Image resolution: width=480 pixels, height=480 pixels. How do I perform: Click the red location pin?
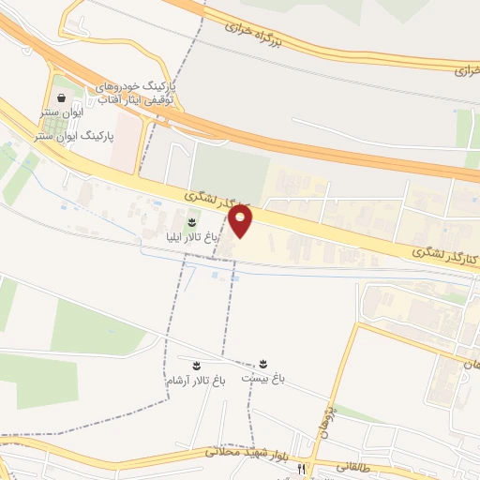[241, 221]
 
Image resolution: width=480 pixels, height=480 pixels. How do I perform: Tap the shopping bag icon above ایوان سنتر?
[62, 97]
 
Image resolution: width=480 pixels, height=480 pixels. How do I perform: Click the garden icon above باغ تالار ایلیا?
[191, 222]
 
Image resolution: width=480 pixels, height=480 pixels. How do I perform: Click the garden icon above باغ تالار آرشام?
[197, 365]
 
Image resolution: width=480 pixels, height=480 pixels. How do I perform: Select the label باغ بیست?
[262, 379]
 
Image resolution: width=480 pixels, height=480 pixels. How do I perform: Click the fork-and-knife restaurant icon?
[301, 468]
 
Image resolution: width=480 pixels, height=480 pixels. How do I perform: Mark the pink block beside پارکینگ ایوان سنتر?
[124, 155]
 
